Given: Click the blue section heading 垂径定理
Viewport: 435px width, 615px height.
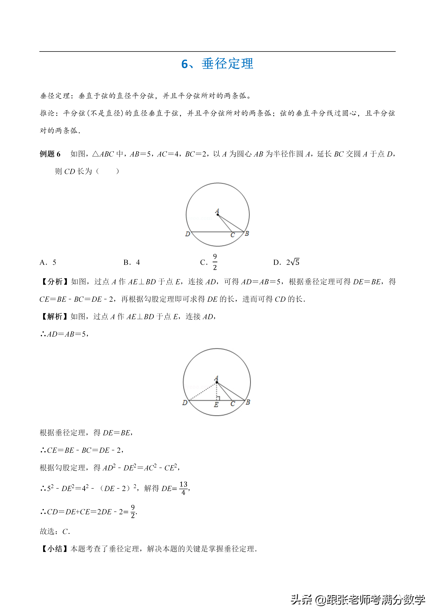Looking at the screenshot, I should coord(227,64).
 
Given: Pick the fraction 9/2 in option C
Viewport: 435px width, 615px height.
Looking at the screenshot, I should coord(215,262).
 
